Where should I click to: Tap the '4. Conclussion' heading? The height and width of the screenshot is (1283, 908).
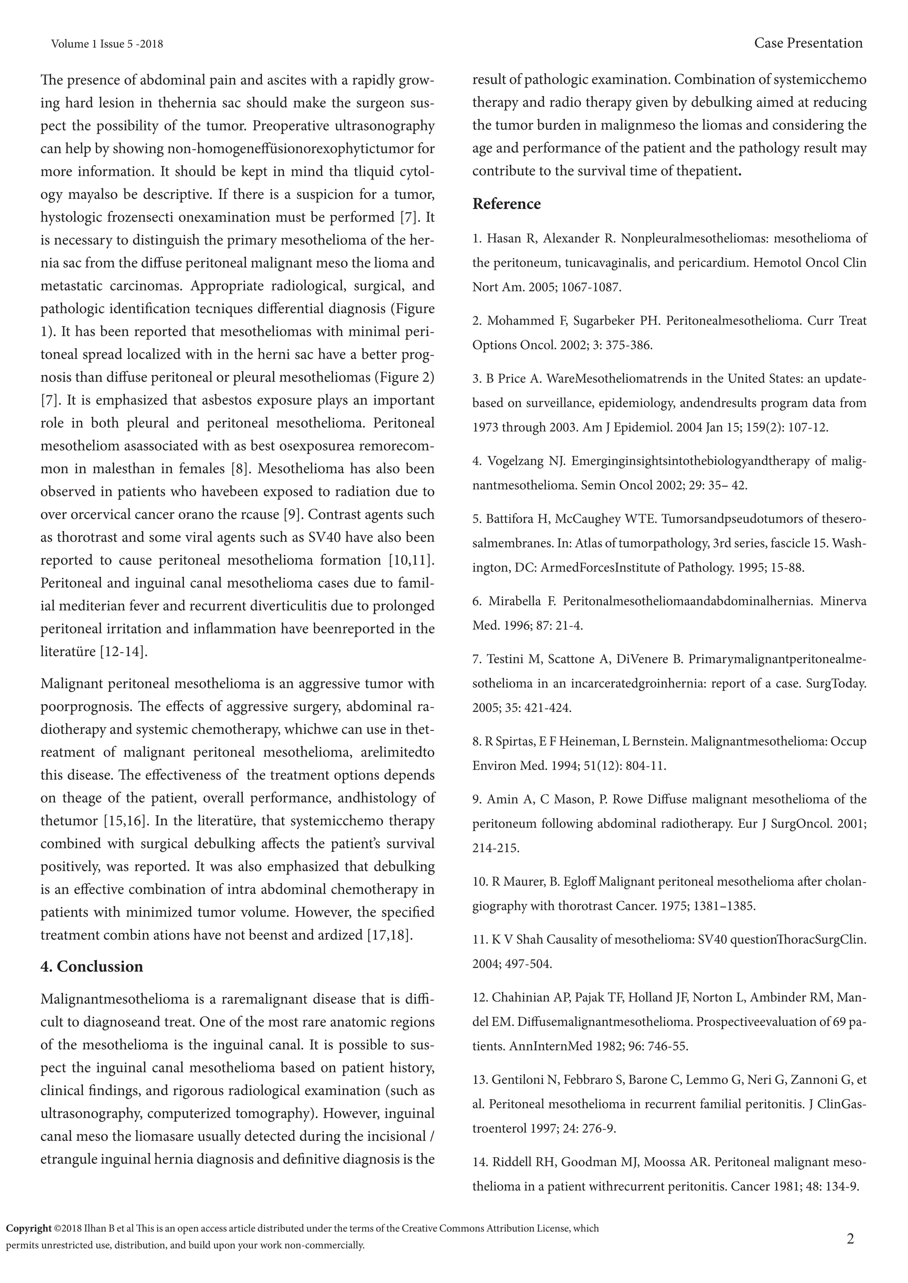(x=92, y=966)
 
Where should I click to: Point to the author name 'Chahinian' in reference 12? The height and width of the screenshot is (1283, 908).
(x=521, y=997)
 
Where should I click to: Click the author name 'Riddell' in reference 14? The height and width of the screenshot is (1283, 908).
(x=512, y=1162)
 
